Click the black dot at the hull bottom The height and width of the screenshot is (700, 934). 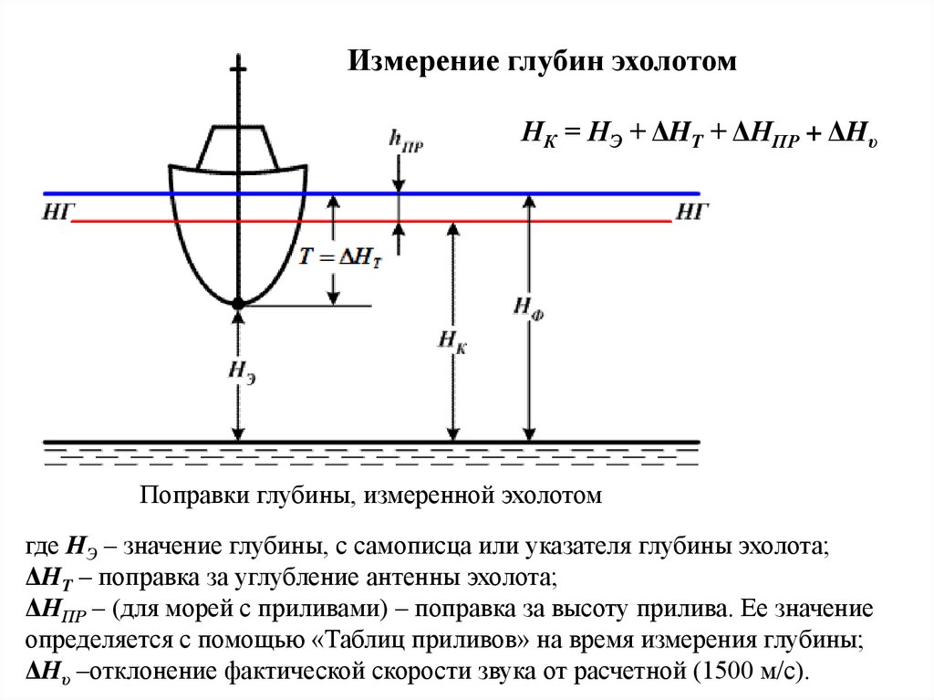point(238,303)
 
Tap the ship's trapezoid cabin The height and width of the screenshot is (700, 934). point(238,146)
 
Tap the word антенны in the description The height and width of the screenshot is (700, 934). point(381,579)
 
